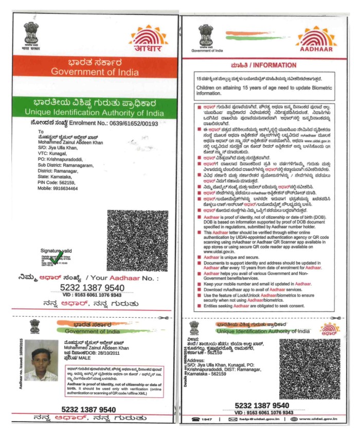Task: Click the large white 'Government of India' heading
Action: coord(95,72)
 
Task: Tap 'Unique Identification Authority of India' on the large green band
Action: coord(95,112)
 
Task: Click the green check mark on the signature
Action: coord(58,256)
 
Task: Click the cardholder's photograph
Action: coord(41,360)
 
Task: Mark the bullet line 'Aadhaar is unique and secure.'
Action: coord(229,256)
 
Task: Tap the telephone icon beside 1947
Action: coord(195,419)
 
